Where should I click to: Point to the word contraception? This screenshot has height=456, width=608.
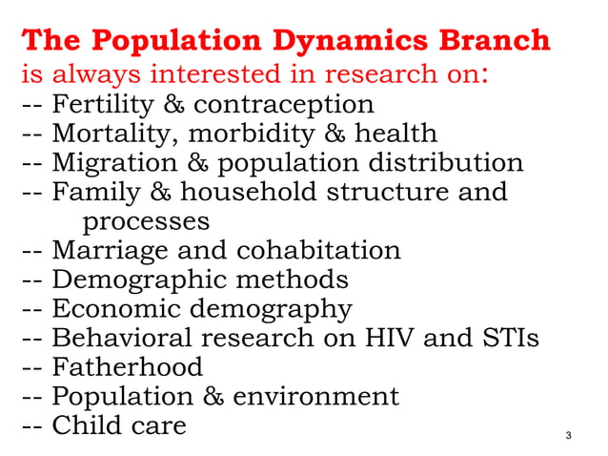[x=284, y=102]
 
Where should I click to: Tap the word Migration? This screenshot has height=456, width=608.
[x=115, y=162]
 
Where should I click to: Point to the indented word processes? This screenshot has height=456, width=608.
[x=146, y=221]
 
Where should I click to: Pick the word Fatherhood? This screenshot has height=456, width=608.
[x=127, y=367]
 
